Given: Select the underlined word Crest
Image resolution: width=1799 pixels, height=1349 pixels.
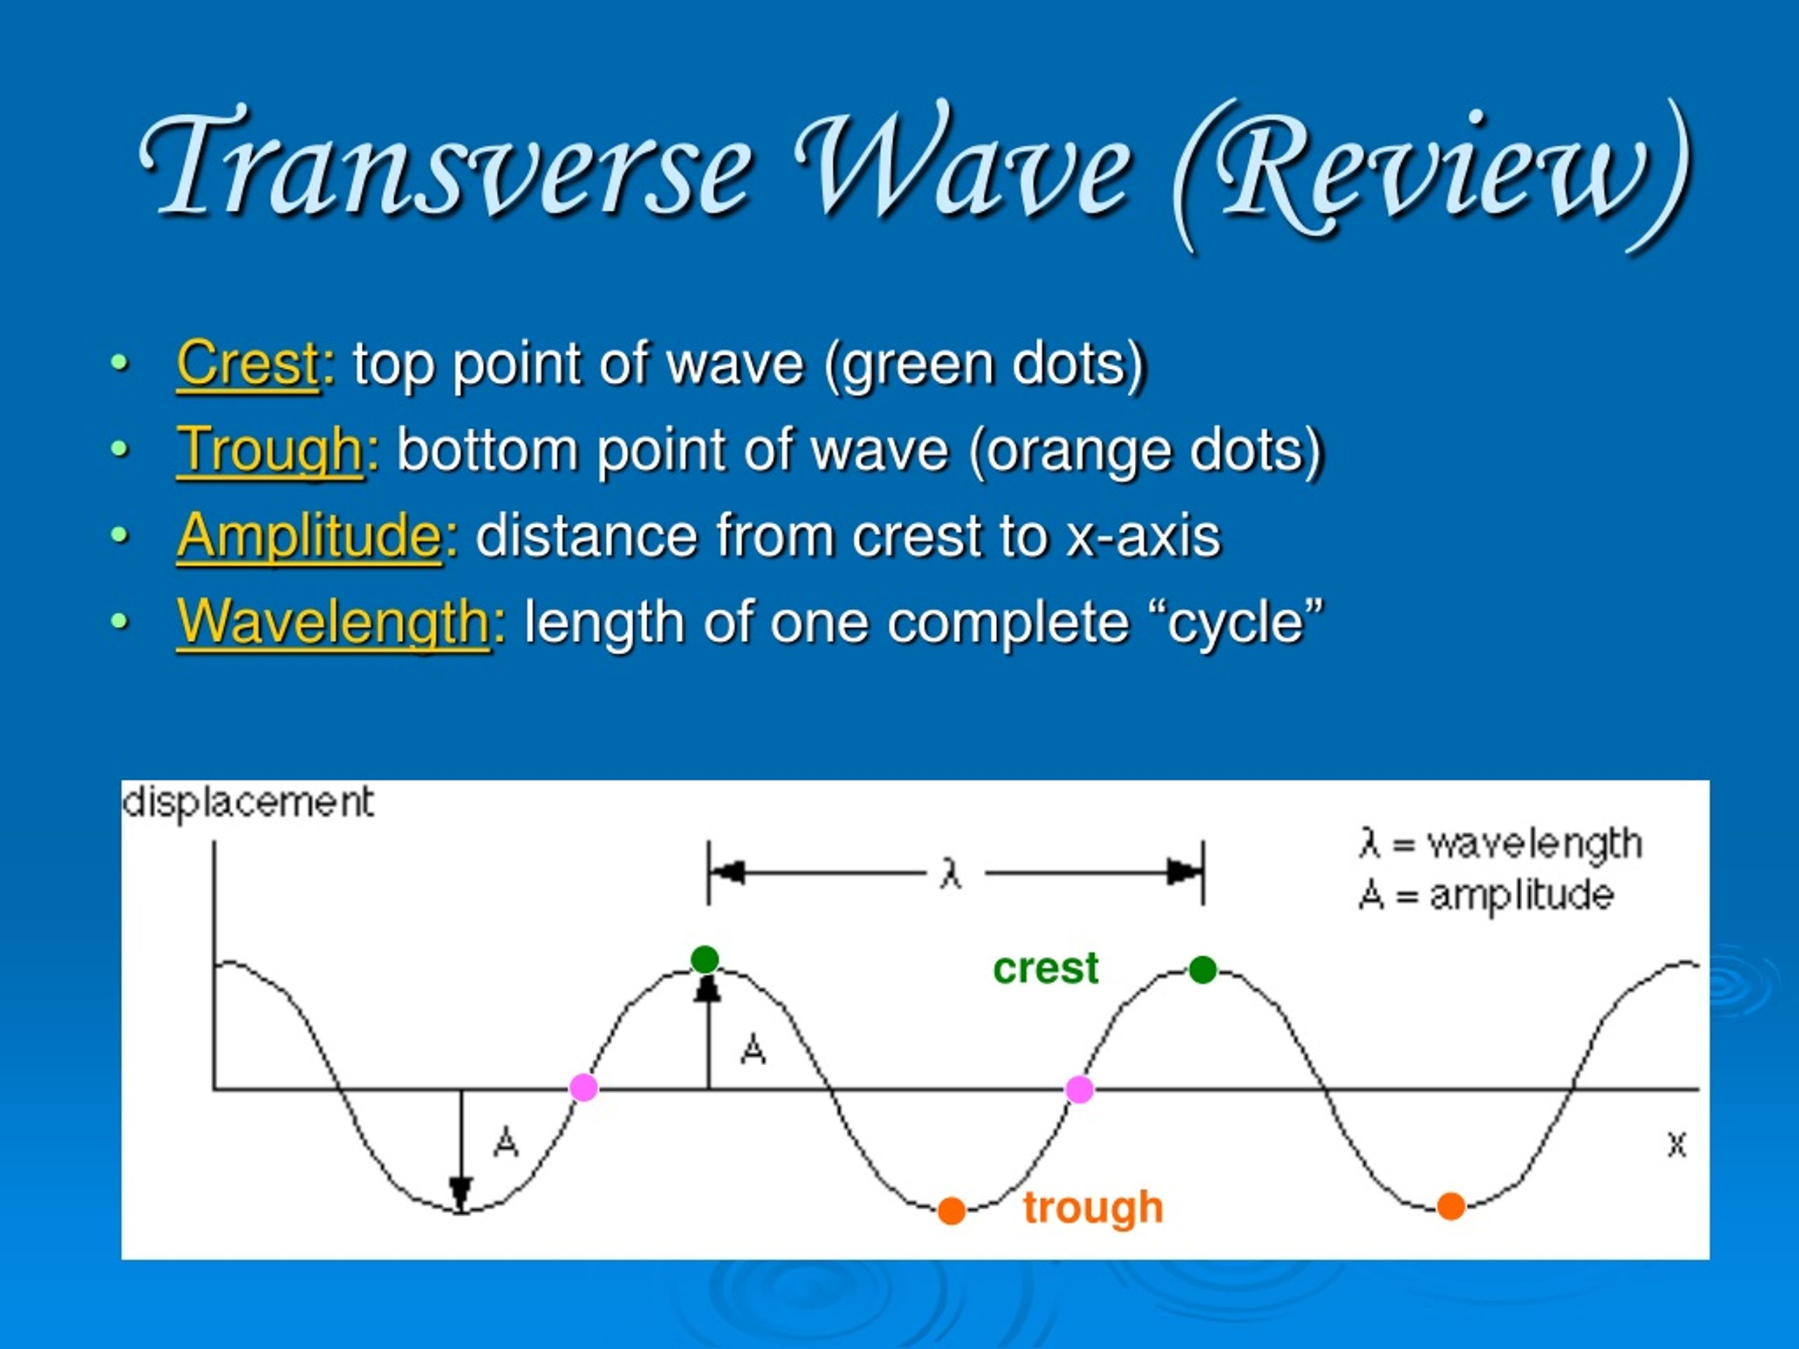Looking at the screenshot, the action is point(248,363).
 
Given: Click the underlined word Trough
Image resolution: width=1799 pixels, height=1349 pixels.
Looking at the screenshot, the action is point(270,450).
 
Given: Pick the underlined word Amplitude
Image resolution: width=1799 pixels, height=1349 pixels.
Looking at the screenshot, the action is point(310,537).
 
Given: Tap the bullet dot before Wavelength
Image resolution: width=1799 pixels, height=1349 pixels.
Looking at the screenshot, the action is point(119,622).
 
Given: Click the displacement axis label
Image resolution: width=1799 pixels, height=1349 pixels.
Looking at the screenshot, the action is point(248,802).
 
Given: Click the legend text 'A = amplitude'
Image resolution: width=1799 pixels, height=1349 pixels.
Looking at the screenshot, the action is point(1486,895).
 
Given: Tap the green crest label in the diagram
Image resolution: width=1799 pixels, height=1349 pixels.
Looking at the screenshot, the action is point(1045,967).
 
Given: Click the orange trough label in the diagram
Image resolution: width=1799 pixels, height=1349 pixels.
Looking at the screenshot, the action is point(1093,1208).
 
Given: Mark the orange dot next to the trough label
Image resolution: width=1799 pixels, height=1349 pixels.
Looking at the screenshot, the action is point(952,1211).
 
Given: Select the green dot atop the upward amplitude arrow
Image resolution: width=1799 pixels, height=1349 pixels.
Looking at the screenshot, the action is point(705,960).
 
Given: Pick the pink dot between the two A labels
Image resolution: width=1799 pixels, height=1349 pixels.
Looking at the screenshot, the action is point(584,1087).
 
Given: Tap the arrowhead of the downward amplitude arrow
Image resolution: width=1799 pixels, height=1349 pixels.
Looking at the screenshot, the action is point(461,1194).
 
